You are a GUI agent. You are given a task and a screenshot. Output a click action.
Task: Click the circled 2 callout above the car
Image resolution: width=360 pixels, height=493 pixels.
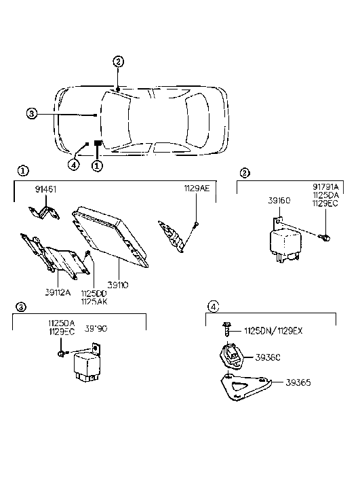coord(119,62)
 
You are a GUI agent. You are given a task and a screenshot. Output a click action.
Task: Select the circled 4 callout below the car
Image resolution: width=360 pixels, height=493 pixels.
coord(74,163)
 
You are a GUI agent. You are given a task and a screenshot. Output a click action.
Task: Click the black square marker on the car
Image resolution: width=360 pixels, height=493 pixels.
coord(98,144)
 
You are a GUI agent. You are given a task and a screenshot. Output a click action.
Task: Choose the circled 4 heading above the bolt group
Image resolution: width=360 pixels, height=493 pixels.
coord(214,307)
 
